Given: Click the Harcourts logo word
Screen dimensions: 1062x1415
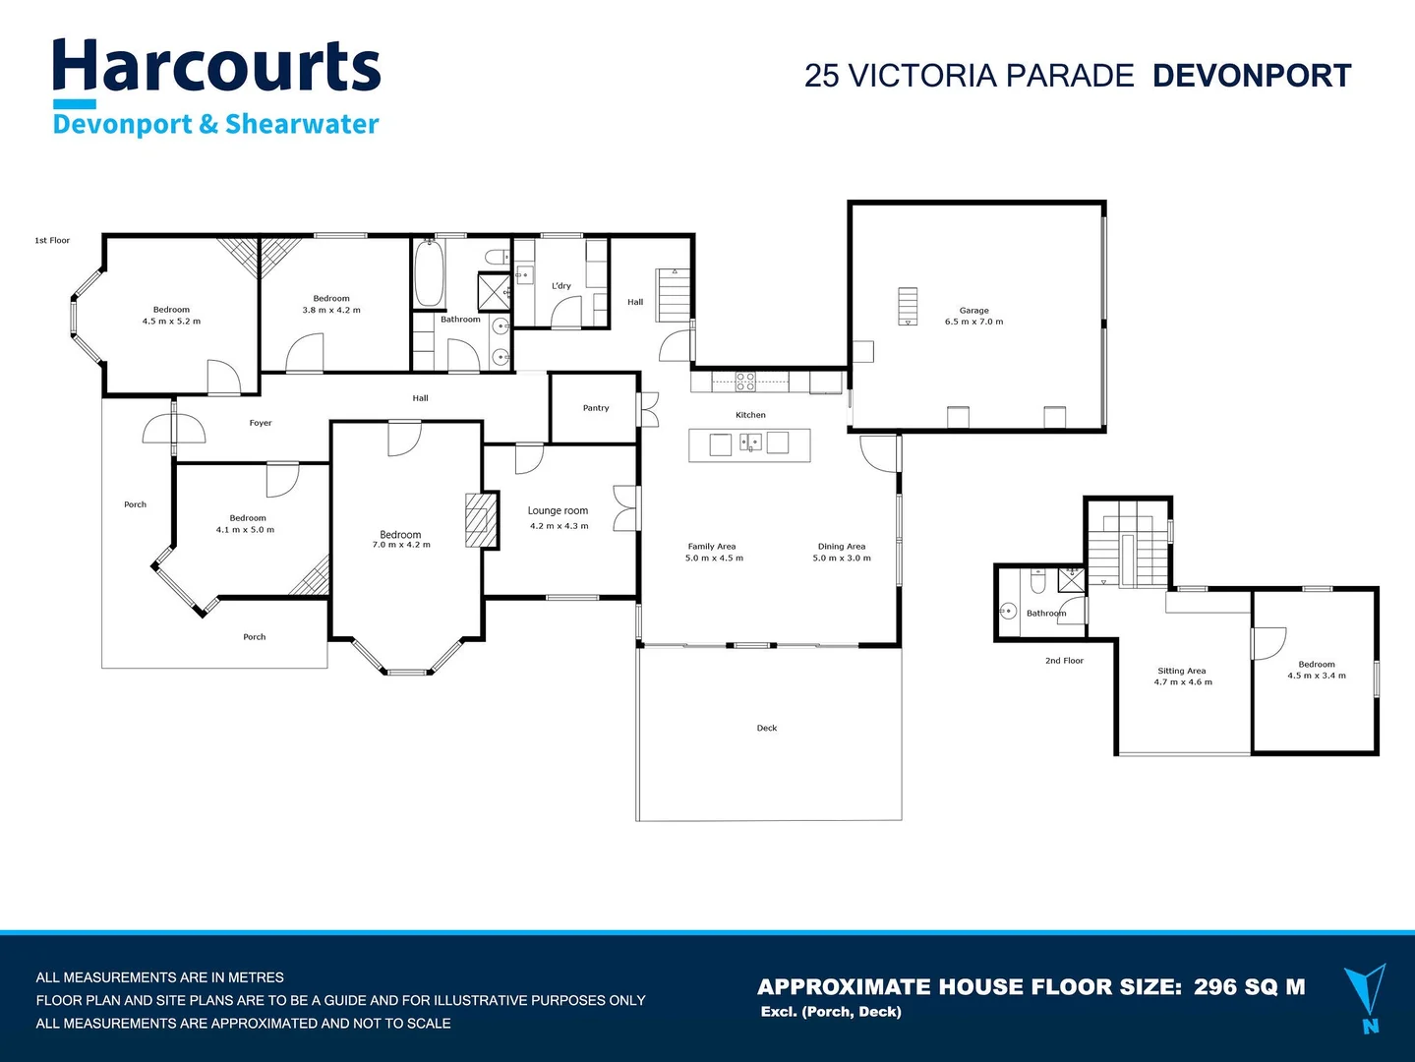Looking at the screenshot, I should [216, 67].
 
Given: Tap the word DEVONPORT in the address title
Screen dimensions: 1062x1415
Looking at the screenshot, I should [1251, 76].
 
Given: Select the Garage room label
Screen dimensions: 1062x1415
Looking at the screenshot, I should [973, 310].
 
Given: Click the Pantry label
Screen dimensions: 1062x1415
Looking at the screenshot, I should [595, 408].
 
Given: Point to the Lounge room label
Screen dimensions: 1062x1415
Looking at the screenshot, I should [558, 510].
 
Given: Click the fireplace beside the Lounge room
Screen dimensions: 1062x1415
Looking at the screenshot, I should [476, 519].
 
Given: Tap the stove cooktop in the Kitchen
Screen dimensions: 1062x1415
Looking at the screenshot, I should [745, 382].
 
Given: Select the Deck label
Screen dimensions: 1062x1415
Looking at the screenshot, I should [767, 729].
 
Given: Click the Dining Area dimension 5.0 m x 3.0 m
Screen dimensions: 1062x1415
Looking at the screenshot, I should [842, 559].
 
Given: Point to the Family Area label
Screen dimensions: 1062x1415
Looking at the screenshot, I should [712, 547].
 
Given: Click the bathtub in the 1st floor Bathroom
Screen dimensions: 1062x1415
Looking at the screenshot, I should [429, 273].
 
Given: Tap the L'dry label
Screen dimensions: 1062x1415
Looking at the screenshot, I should [560, 286].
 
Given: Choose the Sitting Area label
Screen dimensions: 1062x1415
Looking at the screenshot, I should [1181, 671].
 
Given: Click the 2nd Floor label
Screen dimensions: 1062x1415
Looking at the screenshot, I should [1064, 661].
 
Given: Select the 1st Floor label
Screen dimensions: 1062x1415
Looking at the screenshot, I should [52, 240].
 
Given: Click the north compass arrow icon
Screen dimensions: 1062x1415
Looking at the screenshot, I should [1368, 993].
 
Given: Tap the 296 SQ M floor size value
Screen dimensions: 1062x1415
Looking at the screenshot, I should [1249, 987].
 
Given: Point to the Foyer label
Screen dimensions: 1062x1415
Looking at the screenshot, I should [260, 423].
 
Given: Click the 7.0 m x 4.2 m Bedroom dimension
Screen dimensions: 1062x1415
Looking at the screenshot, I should [400, 545].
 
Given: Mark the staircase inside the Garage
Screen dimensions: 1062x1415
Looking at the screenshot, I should [907, 306].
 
